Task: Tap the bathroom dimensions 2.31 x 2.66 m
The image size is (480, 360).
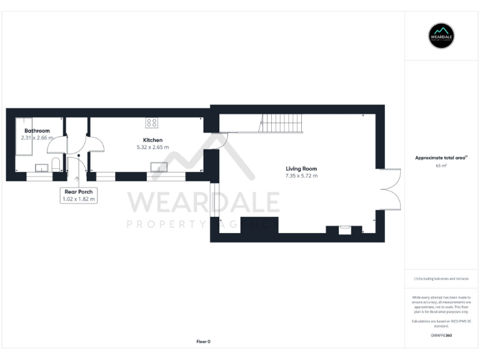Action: tap(35, 137)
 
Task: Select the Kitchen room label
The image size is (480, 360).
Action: tap(152, 140)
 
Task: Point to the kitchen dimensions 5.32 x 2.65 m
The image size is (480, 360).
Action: tap(152, 147)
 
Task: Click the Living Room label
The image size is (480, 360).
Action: tap(301, 169)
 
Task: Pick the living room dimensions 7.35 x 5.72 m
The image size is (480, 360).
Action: tap(301, 176)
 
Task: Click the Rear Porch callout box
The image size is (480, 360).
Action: tap(79, 195)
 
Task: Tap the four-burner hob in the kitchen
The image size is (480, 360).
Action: tap(152, 122)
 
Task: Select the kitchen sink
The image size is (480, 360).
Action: tap(158, 167)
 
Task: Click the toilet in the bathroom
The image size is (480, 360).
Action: tap(56, 166)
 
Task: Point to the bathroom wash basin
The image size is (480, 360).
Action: tap(42, 167)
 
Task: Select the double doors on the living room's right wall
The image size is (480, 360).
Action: tap(391, 189)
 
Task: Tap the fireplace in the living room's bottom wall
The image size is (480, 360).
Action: tap(344, 230)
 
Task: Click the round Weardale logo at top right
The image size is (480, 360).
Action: tap(441, 36)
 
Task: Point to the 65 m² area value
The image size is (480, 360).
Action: tap(441, 166)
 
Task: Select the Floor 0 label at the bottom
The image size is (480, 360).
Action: tap(203, 341)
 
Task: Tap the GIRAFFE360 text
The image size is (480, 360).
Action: tap(441, 336)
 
